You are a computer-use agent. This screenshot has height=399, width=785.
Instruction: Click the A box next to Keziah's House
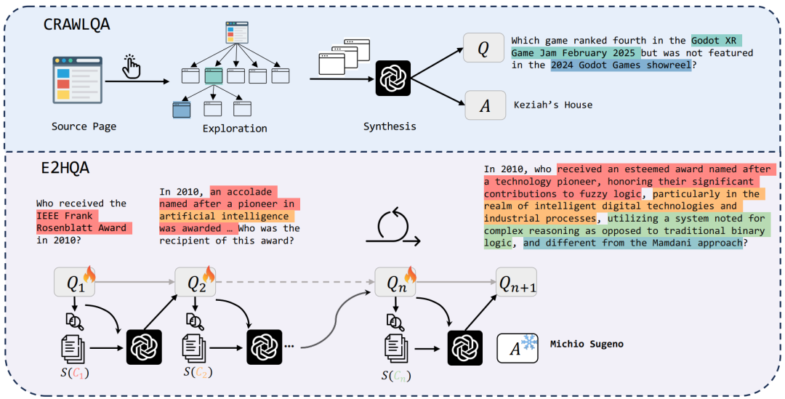point(483,105)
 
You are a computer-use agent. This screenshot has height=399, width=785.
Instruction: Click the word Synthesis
point(390,126)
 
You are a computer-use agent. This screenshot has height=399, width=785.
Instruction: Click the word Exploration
point(234,129)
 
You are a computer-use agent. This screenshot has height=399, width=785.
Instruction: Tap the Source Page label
point(84,126)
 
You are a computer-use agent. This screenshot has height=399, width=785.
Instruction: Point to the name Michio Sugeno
point(587,344)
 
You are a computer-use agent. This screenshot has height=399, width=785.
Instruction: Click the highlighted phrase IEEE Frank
point(68,216)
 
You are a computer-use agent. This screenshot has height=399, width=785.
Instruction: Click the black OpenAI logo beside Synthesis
point(393,78)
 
